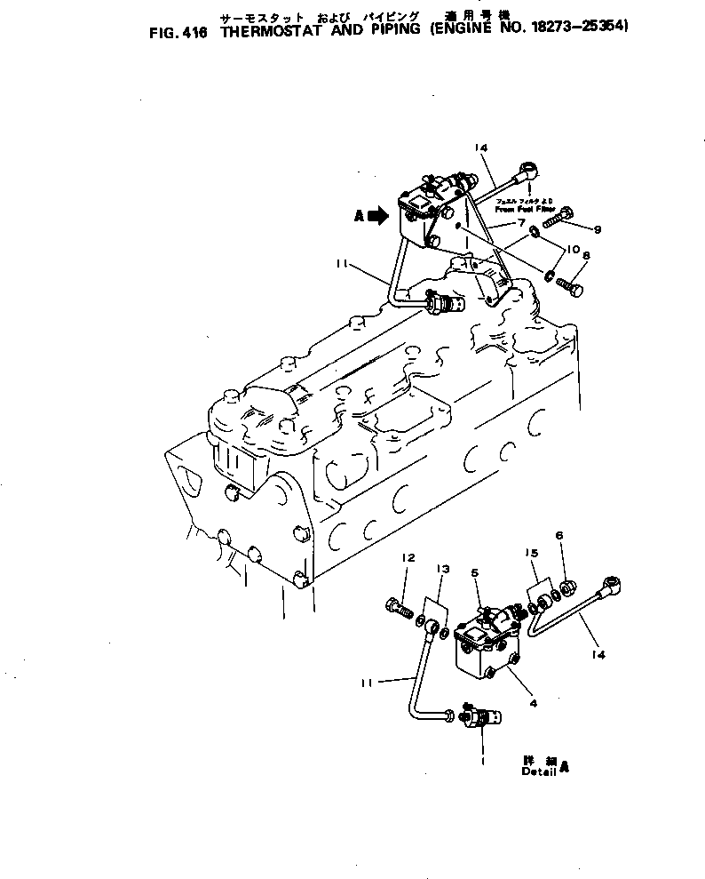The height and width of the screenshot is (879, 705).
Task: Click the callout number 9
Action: [598, 230]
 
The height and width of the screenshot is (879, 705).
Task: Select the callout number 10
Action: [572, 249]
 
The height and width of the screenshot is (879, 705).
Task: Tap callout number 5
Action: [476, 573]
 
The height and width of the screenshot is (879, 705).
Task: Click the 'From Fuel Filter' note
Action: [524, 205]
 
